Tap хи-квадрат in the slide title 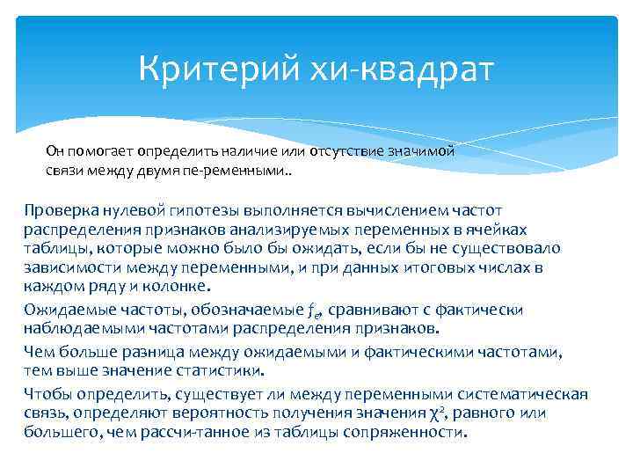pos(404,69)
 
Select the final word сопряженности pos(414,433)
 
